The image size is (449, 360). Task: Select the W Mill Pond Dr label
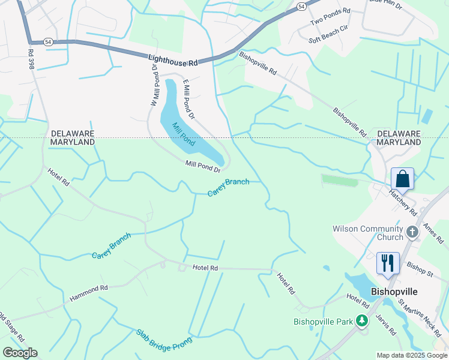point(154,86)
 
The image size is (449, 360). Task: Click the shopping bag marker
point(402,179)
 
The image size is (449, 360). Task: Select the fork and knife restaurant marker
point(387,263)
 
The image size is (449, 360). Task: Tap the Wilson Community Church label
point(369,233)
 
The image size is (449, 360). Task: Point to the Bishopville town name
point(394,292)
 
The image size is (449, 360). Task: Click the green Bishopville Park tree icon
point(362,321)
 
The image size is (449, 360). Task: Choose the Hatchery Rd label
point(403,202)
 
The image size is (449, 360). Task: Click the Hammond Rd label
point(88,292)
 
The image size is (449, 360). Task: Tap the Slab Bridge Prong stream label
point(163,341)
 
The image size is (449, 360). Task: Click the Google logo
point(20,353)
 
